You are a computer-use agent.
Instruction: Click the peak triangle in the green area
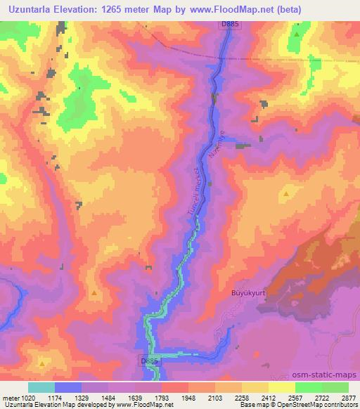tap(297, 33)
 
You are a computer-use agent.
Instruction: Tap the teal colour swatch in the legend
tap(41, 387)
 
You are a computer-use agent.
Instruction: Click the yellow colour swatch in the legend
tap(281, 387)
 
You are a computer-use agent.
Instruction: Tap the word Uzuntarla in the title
tap(29, 8)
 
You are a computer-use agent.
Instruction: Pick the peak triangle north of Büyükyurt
tap(286, 193)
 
